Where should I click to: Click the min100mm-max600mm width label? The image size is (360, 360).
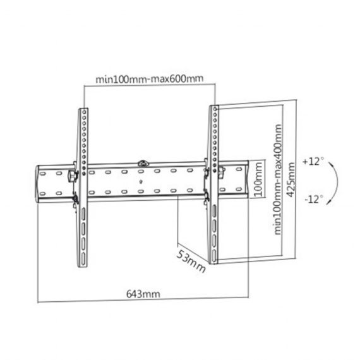coord(149,79)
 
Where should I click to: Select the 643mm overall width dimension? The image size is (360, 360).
coord(141,294)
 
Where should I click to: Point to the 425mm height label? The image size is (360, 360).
coord(291,179)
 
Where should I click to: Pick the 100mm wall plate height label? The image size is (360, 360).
coord(256,183)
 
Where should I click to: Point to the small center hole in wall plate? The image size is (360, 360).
coord(140,183)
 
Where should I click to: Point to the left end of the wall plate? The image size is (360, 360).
coord(39,183)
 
